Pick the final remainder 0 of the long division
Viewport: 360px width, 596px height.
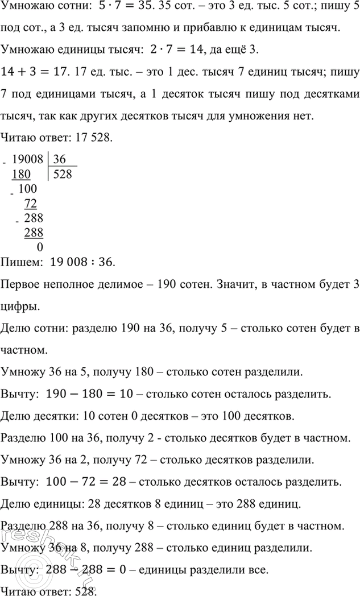tap(39, 247)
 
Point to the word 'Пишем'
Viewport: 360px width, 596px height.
tap(21, 262)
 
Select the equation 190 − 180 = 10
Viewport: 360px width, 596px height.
tap(94, 394)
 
